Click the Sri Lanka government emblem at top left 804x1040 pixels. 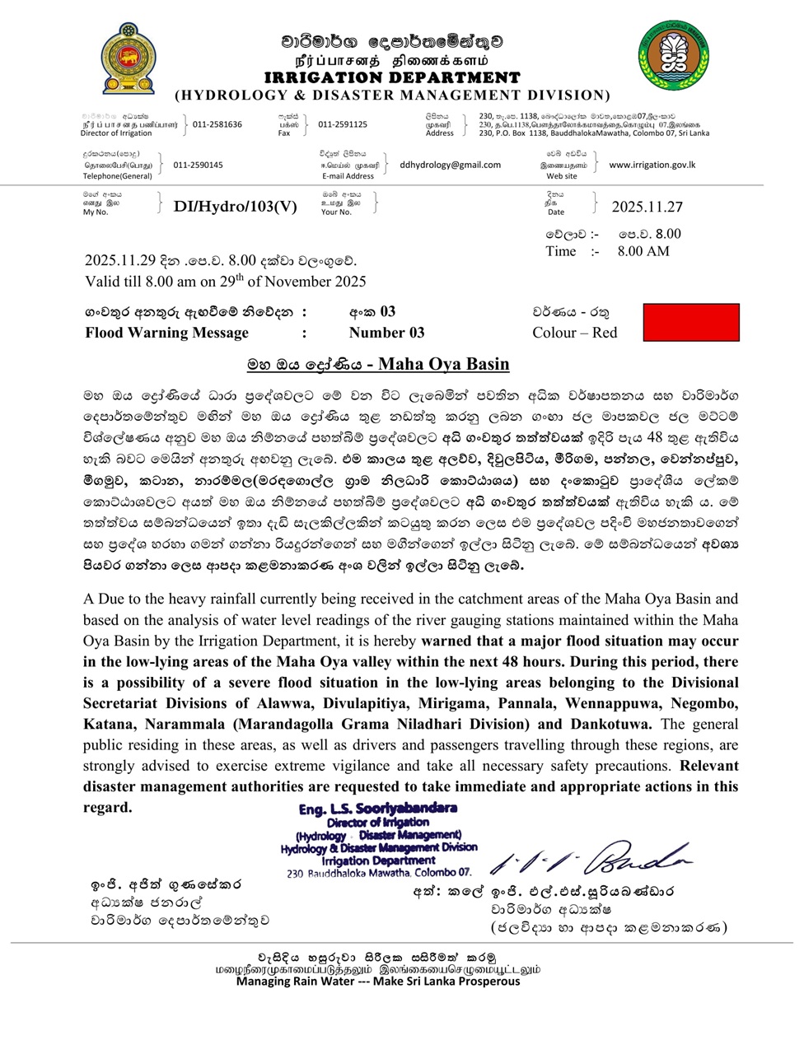pyautogui.click(x=128, y=59)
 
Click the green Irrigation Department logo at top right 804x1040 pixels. pyautogui.click(x=673, y=57)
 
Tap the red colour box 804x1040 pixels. pyautogui.click(x=690, y=322)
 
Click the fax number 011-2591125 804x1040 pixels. pyautogui.click(x=343, y=124)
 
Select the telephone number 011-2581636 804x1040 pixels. pyautogui.click(x=217, y=124)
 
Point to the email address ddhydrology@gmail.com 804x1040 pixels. pyautogui.click(x=450, y=165)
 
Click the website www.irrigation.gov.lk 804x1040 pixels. pyautogui.click(x=652, y=165)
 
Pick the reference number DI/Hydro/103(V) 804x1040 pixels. pyautogui.click(x=235, y=207)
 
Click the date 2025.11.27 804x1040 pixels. pyautogui.click(x=647, y=208)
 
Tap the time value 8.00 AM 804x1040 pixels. pyautogui.click(x=643, y=251)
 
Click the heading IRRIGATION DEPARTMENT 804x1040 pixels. pyautogui.click(x=392, y=77)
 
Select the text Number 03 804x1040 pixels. pyautogui.click(x=386, y=333)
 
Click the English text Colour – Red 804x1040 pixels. pyautogui.click(x=574, y=333)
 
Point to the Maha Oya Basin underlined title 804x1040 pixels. pyautogui.click(x=378, y=364)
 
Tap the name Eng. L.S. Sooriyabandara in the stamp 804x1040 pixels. pyautogui.click(x=378, y=809)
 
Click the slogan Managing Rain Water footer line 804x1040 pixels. pyautogui.click(x=378, y=981)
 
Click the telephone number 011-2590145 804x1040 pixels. pyautogui.click(x=198, y=165)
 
